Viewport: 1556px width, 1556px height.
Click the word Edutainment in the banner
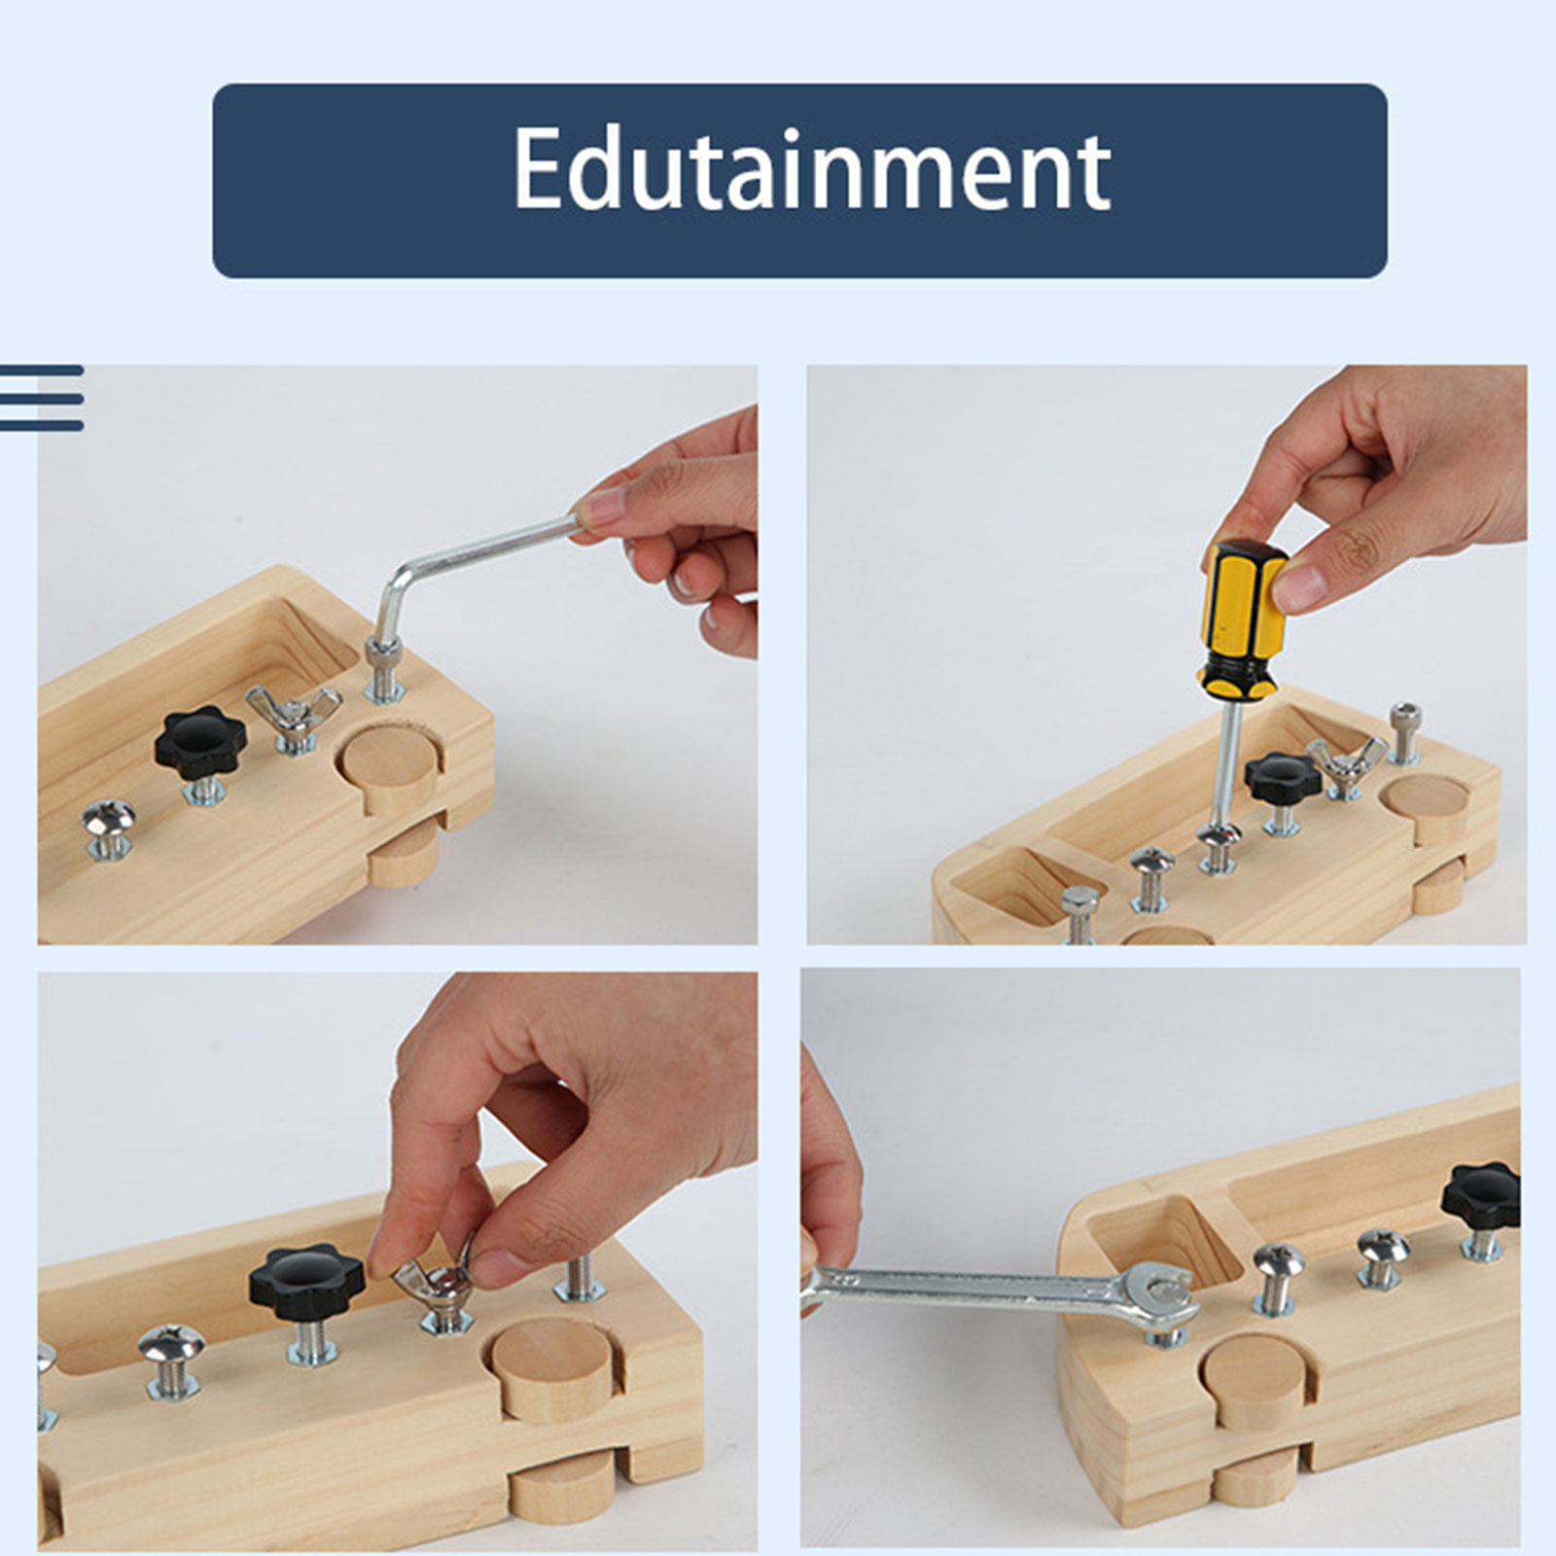point(811,169)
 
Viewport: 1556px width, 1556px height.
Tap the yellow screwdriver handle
point(1242,619)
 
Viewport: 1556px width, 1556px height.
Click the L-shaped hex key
point(457,574)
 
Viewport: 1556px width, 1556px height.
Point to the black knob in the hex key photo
point(200,742)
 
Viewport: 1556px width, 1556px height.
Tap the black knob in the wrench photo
point(1482,1196)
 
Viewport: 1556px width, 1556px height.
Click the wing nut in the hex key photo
point(294,711)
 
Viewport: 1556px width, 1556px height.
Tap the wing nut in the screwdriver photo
point(1347,756)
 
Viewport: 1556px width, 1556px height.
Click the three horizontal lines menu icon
point(42,398)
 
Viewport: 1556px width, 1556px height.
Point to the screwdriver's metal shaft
point(1227,764)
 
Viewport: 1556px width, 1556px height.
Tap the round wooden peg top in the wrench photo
point(1251,1367)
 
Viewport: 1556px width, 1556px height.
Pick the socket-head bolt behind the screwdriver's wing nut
point(1404,730)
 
